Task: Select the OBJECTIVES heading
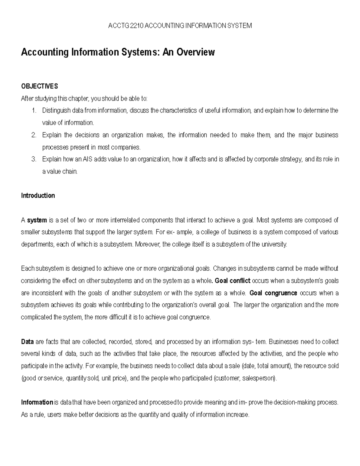(39, 86)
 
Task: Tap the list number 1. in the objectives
(34, 110)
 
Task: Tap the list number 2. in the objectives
(34, 135)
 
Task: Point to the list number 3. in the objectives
(34, 159)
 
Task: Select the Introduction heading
(38, 196)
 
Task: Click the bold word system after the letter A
(37, 220)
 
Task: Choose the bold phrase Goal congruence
(273, 293)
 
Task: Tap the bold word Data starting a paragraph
(27, 342)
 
